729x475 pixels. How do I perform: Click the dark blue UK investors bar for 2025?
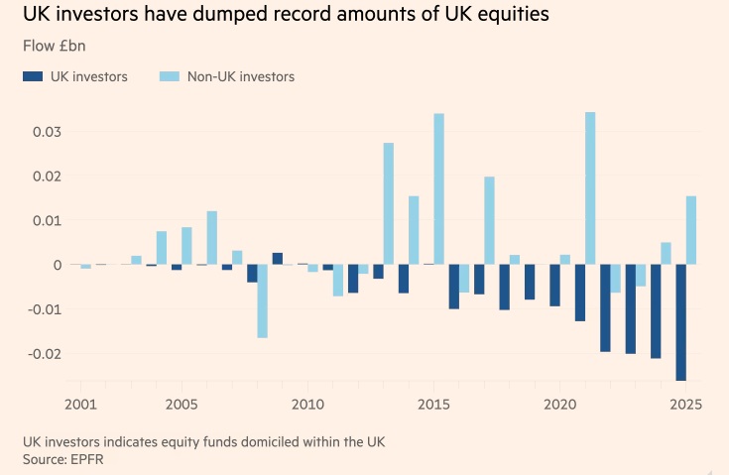680,322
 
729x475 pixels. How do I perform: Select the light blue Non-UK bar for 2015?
438,188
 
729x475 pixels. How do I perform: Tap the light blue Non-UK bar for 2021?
590,188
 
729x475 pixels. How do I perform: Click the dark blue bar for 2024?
655,311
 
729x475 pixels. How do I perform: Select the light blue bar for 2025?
691,230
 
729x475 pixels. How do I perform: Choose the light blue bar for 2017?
489,220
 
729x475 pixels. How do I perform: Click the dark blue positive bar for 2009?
278,259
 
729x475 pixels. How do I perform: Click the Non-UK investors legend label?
241,76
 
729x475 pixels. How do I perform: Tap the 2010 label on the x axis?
308,405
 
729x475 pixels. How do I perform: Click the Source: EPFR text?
65,460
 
